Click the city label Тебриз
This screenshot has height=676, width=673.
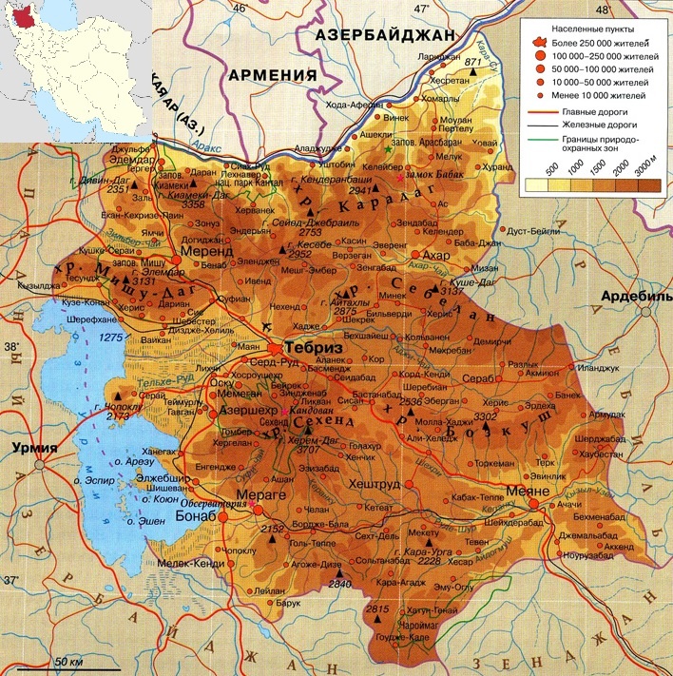point(314,349)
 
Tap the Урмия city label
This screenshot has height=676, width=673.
point(29,448)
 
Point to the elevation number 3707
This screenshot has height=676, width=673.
point(307,449)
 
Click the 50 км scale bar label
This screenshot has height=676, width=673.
point(68,660)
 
